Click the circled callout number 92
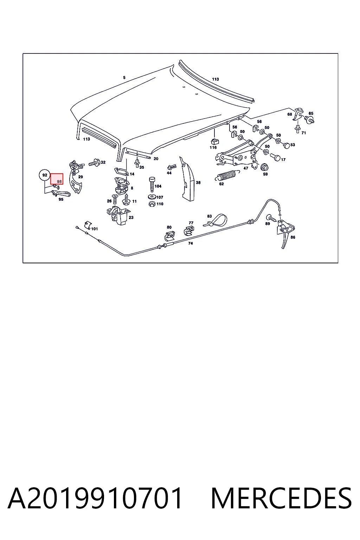coord(45,175)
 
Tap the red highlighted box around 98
coord(57,179)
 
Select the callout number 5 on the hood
coord(124,78)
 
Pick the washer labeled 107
coord(152,197)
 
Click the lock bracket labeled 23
coord(117,216)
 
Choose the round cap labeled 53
coord(286,145)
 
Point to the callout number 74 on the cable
coord(191,244)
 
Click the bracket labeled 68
coord(298,114)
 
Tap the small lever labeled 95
coord(61,193)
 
